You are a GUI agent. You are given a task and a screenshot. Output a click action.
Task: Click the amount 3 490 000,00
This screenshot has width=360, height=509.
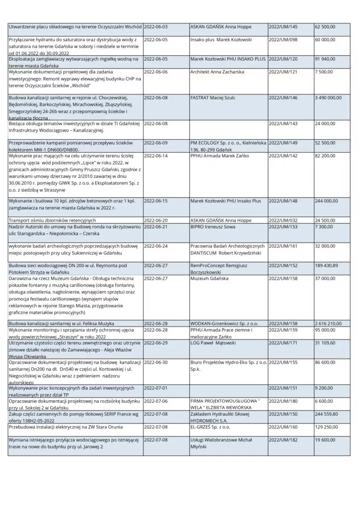click(x=328, y=98)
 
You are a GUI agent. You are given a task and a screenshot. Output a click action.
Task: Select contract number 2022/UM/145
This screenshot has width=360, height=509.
click(x=283, y=26)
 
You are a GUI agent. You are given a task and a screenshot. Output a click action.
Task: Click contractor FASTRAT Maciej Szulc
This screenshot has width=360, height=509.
click(x=215, y=98)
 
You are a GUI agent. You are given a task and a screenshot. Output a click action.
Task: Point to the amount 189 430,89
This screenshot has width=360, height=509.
click(x=326, y=266)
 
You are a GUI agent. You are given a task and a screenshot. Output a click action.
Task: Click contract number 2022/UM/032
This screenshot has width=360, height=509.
click(x=283, y=220)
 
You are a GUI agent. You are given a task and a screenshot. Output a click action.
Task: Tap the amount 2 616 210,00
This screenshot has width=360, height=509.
click(x=328, y=324)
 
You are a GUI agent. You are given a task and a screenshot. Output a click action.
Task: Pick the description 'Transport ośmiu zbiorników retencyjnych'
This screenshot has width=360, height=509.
click(x=52, y=220)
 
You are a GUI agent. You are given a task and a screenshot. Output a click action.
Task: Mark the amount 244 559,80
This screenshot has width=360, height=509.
click(x=326, y=414)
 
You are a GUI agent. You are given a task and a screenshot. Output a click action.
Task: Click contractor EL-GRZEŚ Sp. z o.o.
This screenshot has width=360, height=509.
click(x=210, y=426)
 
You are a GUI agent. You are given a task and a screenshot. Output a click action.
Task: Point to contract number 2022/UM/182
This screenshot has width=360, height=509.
click(x=283, y=440)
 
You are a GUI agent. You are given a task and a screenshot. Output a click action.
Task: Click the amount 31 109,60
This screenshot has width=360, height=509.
click(x=325, y=343)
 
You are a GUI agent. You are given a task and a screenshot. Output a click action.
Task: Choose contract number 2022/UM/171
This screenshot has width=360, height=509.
click(x=283, y=343)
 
